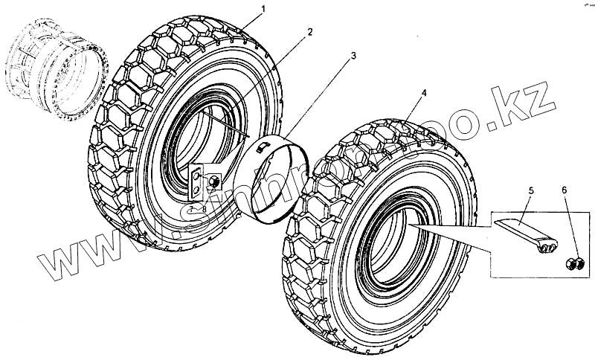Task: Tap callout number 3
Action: pos(353,57)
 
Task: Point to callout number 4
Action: pos(423,93)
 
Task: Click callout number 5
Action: pos(531,191)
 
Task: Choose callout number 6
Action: pos(564,191)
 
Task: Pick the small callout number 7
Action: pos(191,209)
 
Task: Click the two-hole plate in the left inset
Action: pos(196,183)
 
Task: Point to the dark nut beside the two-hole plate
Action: pos(214,181)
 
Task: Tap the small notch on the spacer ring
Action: pos(260,148)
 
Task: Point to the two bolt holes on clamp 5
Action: pos(550,248)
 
